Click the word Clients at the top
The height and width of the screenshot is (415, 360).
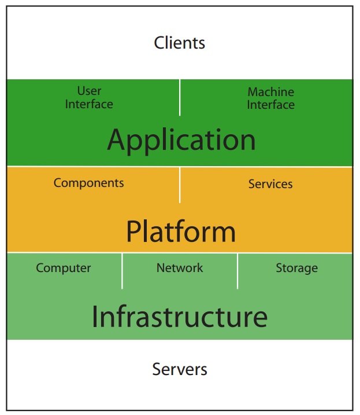(x=180, y=43)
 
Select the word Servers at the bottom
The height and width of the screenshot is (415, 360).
(x=180, y=369)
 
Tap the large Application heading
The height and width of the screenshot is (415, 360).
(x=181, y=140)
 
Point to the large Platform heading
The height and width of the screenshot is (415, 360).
(x=181, y=232)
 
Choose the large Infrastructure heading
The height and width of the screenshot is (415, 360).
(x=180, y=317)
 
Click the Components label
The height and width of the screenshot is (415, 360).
(x=88, y=183)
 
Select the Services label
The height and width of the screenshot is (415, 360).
(x=270, y=184)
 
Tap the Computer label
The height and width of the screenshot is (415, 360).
(x=64, y=268)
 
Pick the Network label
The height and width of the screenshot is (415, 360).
(x=180, y=267)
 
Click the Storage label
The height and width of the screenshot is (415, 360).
(x=296, y=268)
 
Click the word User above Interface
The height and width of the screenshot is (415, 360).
(x=89, y=91)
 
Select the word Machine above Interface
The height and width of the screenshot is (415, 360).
(x=270, y=91)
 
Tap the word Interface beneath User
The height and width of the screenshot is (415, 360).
(x=89, y=104)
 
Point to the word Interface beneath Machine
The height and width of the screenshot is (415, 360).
(x=270, y=105)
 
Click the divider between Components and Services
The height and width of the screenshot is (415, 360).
(x=180, y=185)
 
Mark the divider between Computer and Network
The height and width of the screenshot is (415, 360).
(x=122, y=270)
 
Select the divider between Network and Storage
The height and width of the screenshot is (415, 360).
(x=237, y=270)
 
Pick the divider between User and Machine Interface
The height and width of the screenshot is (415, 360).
(x=180, y=97)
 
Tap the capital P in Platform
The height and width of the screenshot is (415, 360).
(x=133, y=232)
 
